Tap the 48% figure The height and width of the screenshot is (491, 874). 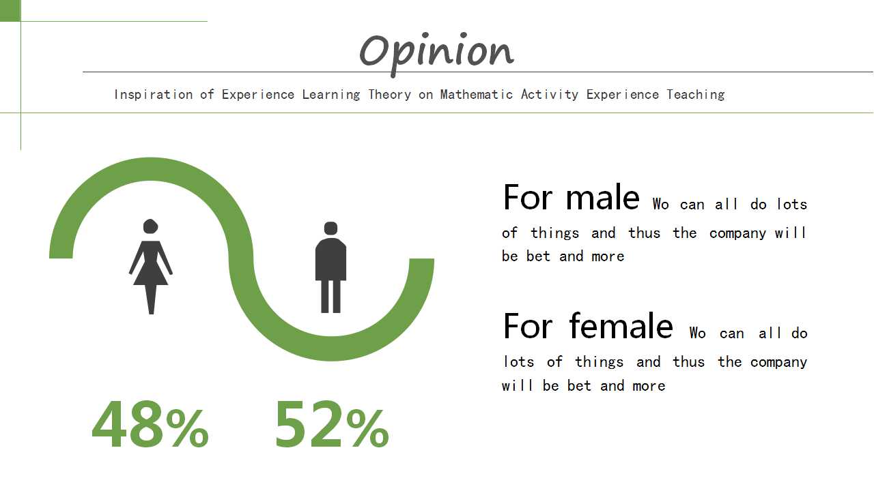(x=150, y=424)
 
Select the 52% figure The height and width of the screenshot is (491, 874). (x=332, y=424)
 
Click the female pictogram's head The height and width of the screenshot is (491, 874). (x=150, y=226)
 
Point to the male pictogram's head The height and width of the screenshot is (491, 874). (x=331, y=228)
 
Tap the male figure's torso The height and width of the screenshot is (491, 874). (x=331, y=259)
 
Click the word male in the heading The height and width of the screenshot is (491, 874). (x=602, y=198)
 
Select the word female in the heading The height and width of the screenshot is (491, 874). (x=621, y=326)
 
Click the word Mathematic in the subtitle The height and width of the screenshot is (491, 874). (x=477, y=95)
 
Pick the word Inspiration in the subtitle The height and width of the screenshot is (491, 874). (x=154, y=95)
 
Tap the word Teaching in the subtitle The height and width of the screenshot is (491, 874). (x=695, y=95)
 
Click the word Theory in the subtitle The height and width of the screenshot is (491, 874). (x=389, y=95)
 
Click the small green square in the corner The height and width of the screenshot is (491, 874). (x=10, y=10)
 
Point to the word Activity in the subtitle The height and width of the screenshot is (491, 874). (x=550, y=95)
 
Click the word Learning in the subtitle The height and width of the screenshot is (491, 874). (x=331, y=95)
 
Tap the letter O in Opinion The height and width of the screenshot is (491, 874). (x=373, y=51)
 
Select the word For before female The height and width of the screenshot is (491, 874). (x=528, y=326)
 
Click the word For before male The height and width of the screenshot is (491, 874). (x=528, y=198)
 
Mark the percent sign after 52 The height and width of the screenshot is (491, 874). (x=367, y=428)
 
